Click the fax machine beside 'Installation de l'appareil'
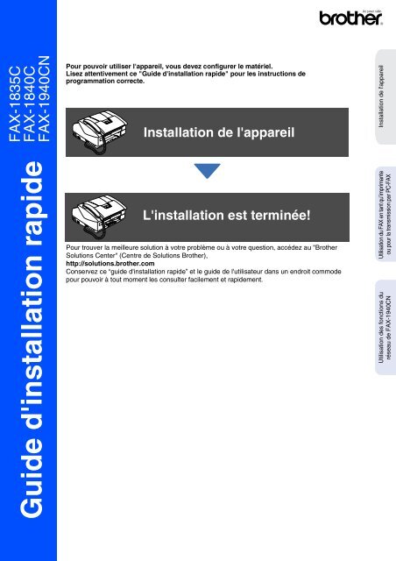(x=108, y=130)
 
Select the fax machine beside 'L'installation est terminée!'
(x=108, y=215)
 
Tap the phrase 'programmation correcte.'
(x=103, y=79)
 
